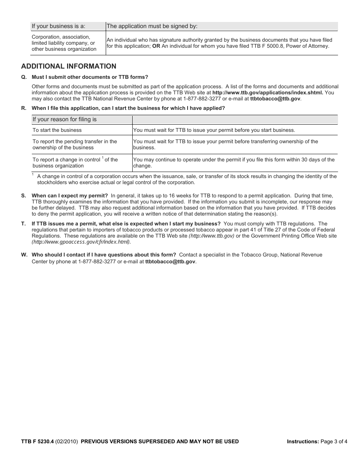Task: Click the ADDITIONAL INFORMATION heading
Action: (x=69, y=66)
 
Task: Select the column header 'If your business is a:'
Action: (x=58, y=26)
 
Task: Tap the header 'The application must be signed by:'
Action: (x=152, y=26)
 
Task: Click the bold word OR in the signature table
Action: (x=156, y=46)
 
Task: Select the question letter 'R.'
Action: (x=24, y=108)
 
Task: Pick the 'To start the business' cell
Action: (x=57, y=130)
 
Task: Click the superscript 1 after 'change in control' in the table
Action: (x=103, y=158)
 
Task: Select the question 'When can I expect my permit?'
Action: (x=70, y=196)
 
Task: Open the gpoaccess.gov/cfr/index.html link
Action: (x=81, y=242)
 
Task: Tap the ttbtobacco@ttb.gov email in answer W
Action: (x=171, y=261)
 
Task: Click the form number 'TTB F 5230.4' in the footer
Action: (x=38, y=441)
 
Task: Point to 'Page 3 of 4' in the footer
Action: (x=333, y=441)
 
